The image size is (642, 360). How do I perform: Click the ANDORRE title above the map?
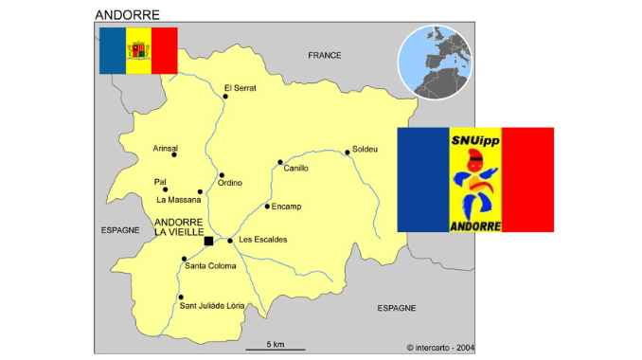coord(127,15)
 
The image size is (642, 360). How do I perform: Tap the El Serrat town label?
coord(241,88)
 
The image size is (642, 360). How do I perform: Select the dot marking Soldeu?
coord(348,152)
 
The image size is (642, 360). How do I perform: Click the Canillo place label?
coord(296,168)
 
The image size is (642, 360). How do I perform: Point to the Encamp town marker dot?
coord(266,206)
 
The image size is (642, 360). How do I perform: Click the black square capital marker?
coord(208,242)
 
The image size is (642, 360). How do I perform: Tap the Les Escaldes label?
coord(262,239)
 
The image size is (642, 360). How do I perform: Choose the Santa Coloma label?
coord(210,265)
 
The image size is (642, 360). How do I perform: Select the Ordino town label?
coord(230,183)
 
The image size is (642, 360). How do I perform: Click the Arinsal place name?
coord(165,148)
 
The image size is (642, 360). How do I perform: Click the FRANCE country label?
coord(325,56)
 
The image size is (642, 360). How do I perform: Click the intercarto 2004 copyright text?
coord(440,348)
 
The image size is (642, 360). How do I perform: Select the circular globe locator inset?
coord(435,62)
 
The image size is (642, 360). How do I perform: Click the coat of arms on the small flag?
coord(138,50)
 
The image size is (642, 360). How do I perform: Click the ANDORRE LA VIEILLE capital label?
coord(177,226)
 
